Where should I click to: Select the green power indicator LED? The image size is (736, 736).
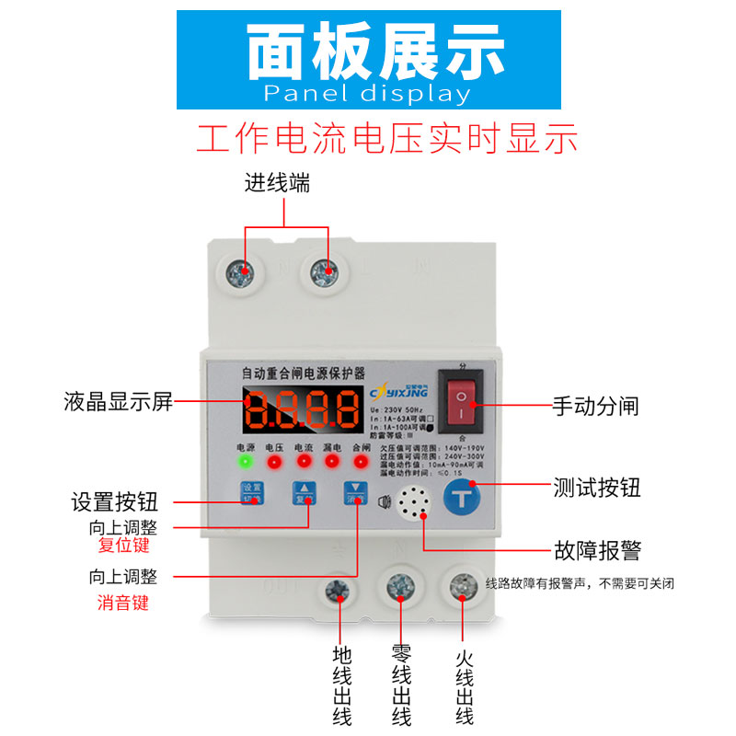click(246, 461)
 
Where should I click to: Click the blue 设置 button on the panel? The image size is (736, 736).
click(251, 494)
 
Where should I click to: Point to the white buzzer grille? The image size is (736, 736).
click(416, 501)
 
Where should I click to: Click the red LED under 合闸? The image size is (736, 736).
click(360, 460)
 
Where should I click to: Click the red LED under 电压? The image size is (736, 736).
click(275, 460)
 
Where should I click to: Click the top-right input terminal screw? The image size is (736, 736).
click(322, 272)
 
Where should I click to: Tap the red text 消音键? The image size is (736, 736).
click(123, 604)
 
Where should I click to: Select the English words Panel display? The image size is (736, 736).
click(367, 94)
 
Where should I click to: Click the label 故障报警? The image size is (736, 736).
click(597, 551)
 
